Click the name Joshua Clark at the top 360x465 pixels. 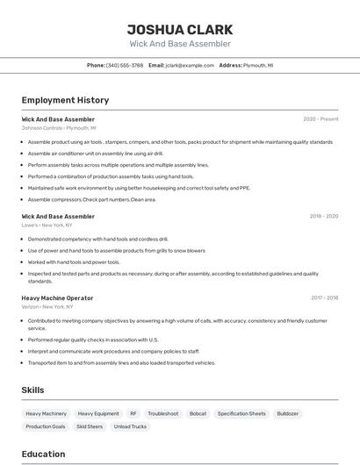click(179, 29)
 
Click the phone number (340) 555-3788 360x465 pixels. click(125, 65)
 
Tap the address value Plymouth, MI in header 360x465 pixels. click(258, 65)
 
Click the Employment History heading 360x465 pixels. click(65, 100)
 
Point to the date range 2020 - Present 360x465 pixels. click(320, 119)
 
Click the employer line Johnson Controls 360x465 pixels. click(59, 128)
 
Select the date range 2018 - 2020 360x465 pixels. click(323, 216)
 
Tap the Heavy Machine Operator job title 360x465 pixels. click(57, 297)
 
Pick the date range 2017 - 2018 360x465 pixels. click(324, 297)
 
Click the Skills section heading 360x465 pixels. click(33, 390)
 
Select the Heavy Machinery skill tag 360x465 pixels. click(46, 413)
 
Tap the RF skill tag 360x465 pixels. click(133, 413)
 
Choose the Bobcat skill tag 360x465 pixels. click(198, 413)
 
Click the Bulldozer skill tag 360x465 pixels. click(287, 413)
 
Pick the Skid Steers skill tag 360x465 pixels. click(90, 426)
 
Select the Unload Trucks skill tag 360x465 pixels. click(129, 426)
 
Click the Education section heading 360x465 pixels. click(43, 454)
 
